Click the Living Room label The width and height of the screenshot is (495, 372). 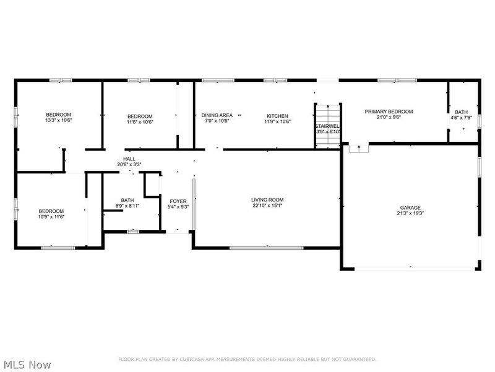pyautogui.click(x=267, y=200)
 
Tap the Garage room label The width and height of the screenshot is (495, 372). pyautogui.click(x=410, y=207)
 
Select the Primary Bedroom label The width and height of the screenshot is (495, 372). pyautogui.click(x=388, y=112)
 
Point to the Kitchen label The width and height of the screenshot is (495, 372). pyautogui.click(x=277, y=115)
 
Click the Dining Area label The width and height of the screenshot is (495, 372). pyautogui.click(x=217, y=115)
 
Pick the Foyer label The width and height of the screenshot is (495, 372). pyautogui.click(x=178, y=201)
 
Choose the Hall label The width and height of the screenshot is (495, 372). pyautogui.click(x=129, y=159)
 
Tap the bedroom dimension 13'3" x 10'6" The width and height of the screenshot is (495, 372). pyautogui.click(x=59, y=122)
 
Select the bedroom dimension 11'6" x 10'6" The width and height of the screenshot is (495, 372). pyautogui.click(x=140, y=122)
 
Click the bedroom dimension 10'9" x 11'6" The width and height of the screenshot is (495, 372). pyautogui.click(x=51, y=216)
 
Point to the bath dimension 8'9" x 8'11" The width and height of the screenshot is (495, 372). pyautogui.click(x=127, y=206)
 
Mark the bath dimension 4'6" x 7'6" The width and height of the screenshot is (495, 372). pyautogui.click(x=461, y=118)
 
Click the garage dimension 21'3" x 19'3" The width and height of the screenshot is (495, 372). pyautogui.click(x=410, y=213)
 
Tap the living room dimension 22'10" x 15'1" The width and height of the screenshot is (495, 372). pyautogui.click(x=267, y=206)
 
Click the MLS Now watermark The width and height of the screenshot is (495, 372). pyautogui.click(x=27, y=365)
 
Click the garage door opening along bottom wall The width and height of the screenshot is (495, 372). pyautogui.click(x=410, y=268)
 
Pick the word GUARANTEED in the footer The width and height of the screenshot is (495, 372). pyautogui.click(x=358, y=360)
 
